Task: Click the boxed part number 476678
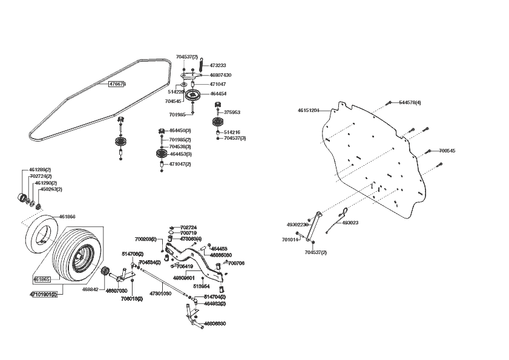[117, 84]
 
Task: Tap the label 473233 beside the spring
[218, 65]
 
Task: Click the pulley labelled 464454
[194, 95]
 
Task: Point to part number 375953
[232, 112]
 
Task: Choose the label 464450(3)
[180, 131]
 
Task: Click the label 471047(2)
[180, 164]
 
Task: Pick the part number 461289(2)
[40, 169]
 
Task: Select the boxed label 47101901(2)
[43, 294]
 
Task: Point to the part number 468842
[90, 290]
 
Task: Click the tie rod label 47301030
[159, 293]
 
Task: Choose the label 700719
[188, 233]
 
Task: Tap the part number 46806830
[215, 324]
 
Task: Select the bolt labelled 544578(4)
[410, 102]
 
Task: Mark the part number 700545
[447, 150]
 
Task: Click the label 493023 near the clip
[350, 223]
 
